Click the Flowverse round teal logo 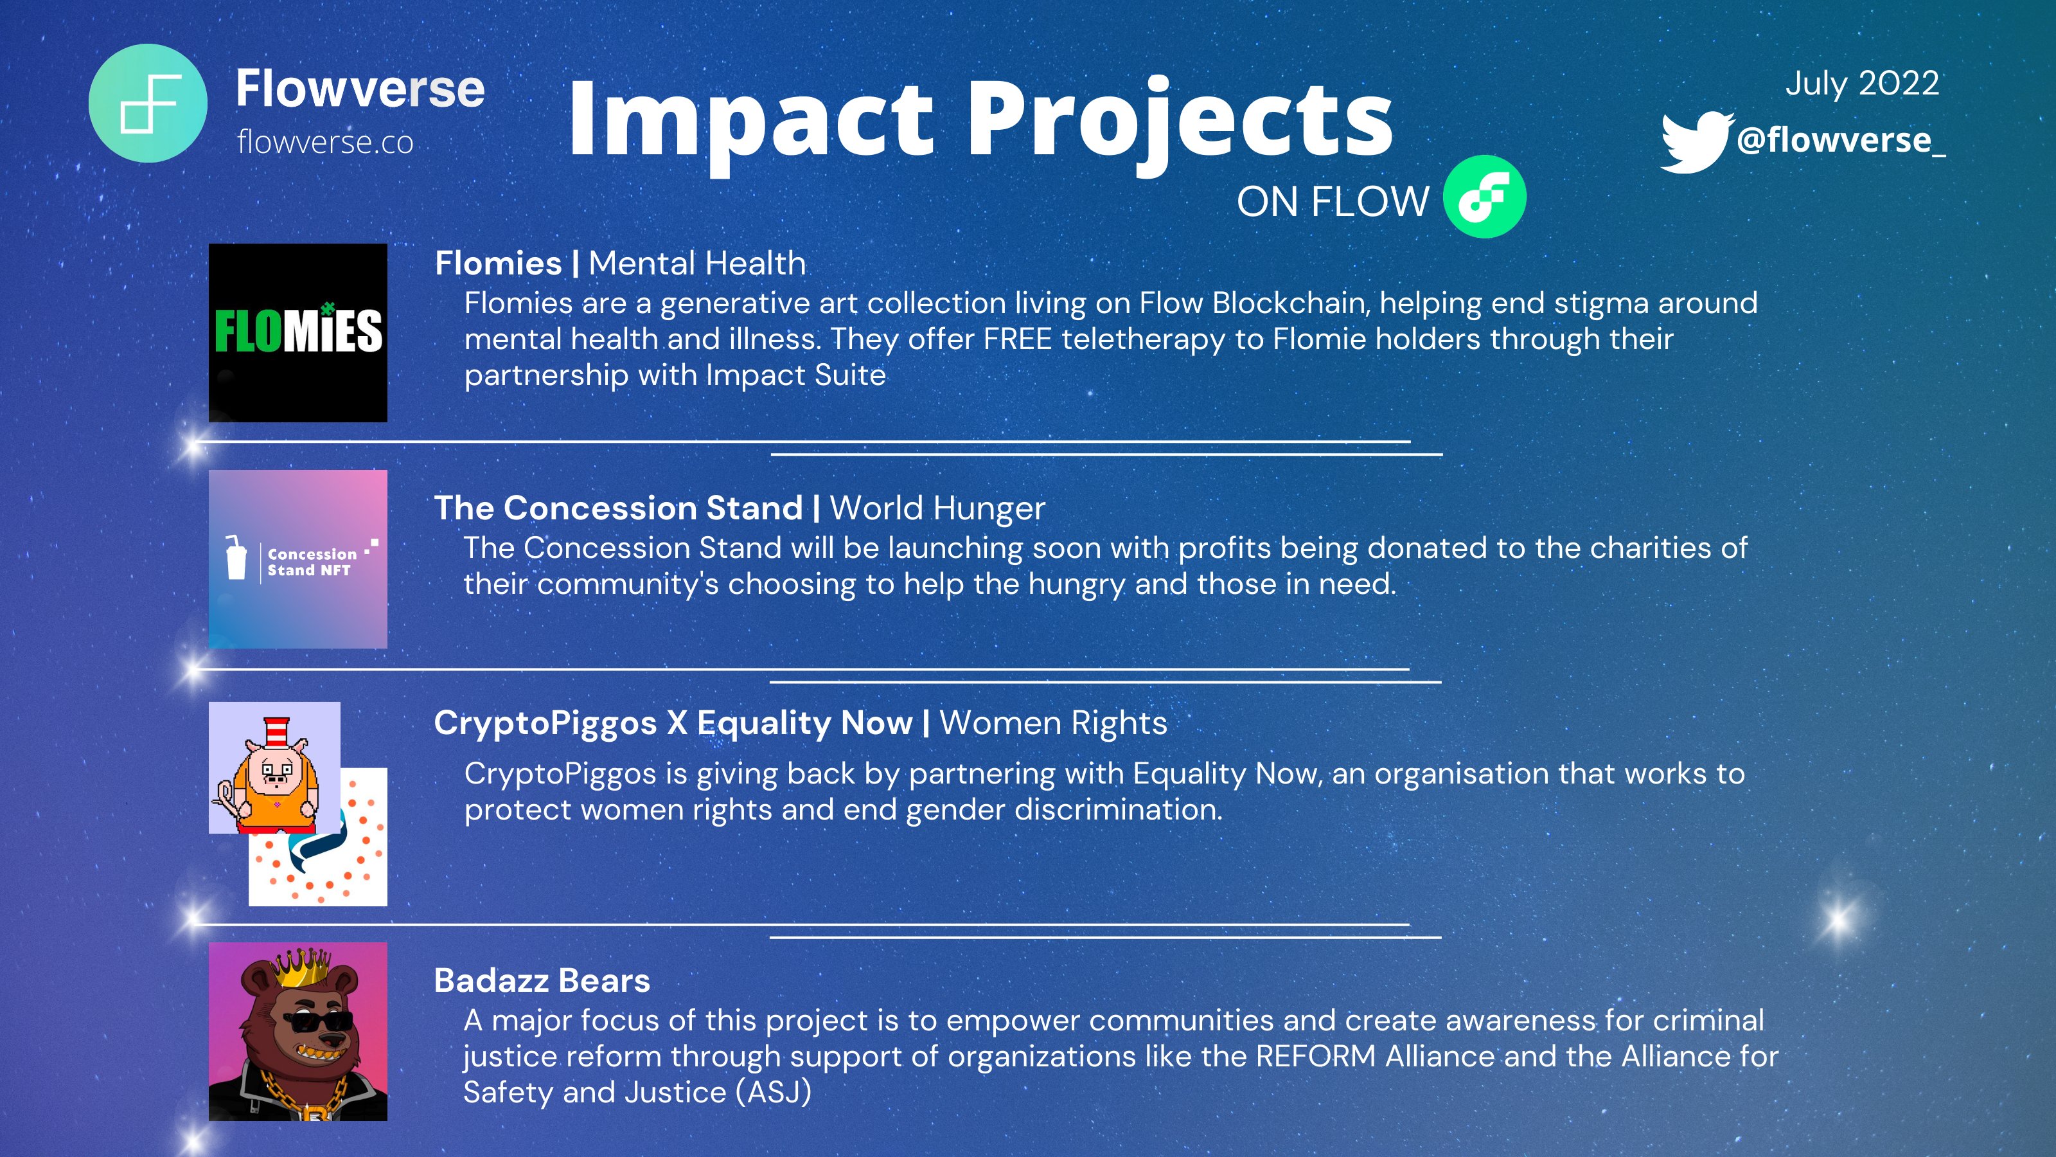(148, 103)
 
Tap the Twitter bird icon (1696, 142)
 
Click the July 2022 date (1861, 84)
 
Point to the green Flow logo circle (1485, 197)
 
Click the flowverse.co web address (325, 143)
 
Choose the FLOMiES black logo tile (297, 332)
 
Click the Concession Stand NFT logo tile (297, 559)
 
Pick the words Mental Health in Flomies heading (696, 264)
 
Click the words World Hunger (937, 508)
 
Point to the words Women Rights (1053, 722)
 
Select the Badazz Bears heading (542, 980)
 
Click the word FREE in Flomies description (1017, 339)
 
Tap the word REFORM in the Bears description (1315, 1056)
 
